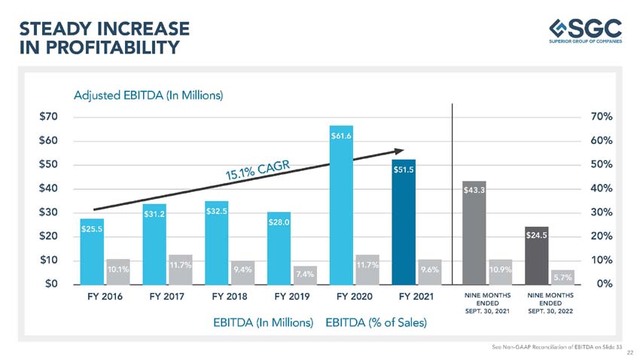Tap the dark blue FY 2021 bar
pos(404,222)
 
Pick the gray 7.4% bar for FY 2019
pos(305,275)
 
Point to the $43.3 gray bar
pos(474,233)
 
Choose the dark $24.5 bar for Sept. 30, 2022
pos(536,255)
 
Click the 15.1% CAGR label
pos(258,171)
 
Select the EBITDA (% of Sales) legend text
pos(376,323)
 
